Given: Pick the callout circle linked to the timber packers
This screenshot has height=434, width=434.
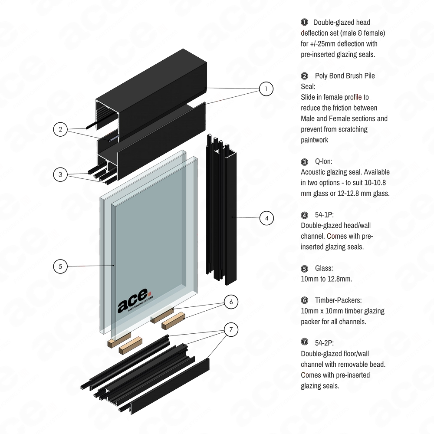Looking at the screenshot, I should pos(232,329).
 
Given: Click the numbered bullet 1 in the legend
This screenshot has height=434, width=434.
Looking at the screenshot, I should pos(304,22).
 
